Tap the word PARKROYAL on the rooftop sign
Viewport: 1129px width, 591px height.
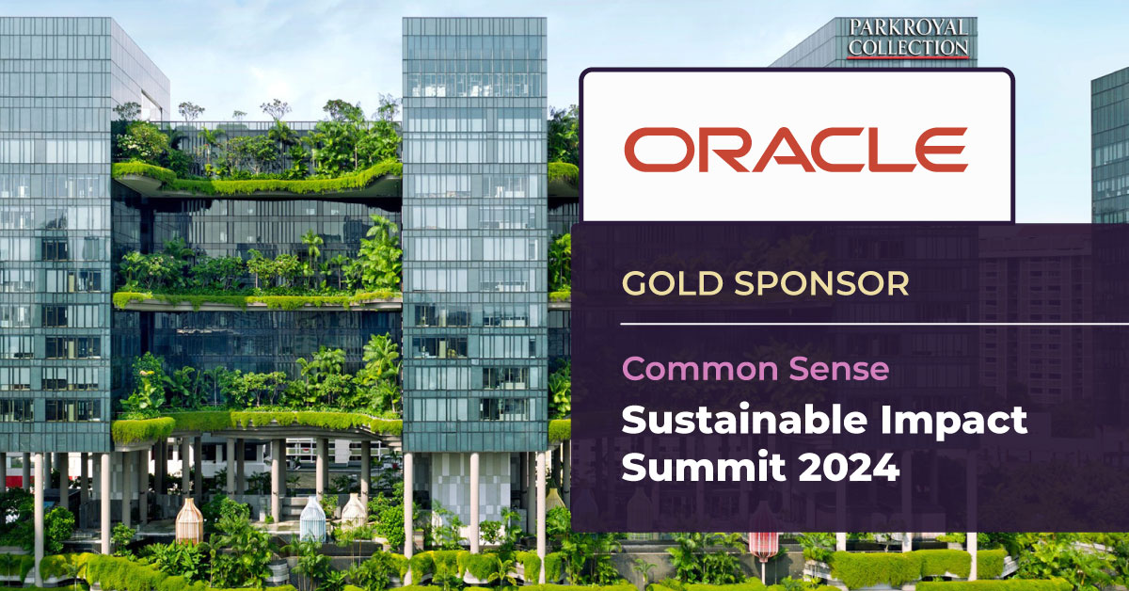click(x=908, y=27)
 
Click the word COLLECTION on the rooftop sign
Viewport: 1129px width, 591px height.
click(x=908, y=46)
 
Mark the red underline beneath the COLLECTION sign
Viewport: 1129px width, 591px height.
click(x=908, y=58)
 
